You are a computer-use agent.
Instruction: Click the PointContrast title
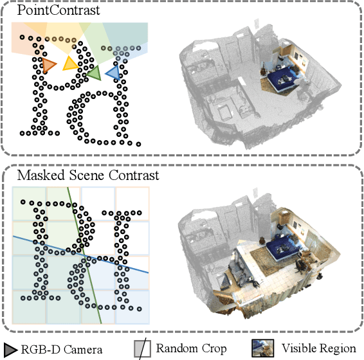point(59,10)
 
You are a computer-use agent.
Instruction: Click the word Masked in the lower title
point(41,175)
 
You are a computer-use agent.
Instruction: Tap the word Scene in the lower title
point(87,175)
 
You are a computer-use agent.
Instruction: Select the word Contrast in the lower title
point(134,175)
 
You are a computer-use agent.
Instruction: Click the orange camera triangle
point(48,65)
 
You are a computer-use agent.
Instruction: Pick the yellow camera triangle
point(70,63)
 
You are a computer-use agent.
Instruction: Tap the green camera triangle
point(95,73)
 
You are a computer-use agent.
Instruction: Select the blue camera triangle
point(114,73)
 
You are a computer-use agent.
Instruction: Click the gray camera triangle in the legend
point(10,350)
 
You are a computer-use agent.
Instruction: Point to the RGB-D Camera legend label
point(62,350)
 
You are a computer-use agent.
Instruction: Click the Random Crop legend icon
point(142,348)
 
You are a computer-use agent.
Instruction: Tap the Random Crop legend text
point(191,348)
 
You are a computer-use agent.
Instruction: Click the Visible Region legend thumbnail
point(262,348)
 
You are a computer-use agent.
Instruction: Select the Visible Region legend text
point(319,348)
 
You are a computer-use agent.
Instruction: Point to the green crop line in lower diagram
point(84,255)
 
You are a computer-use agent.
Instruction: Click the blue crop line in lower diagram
point(80,255)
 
